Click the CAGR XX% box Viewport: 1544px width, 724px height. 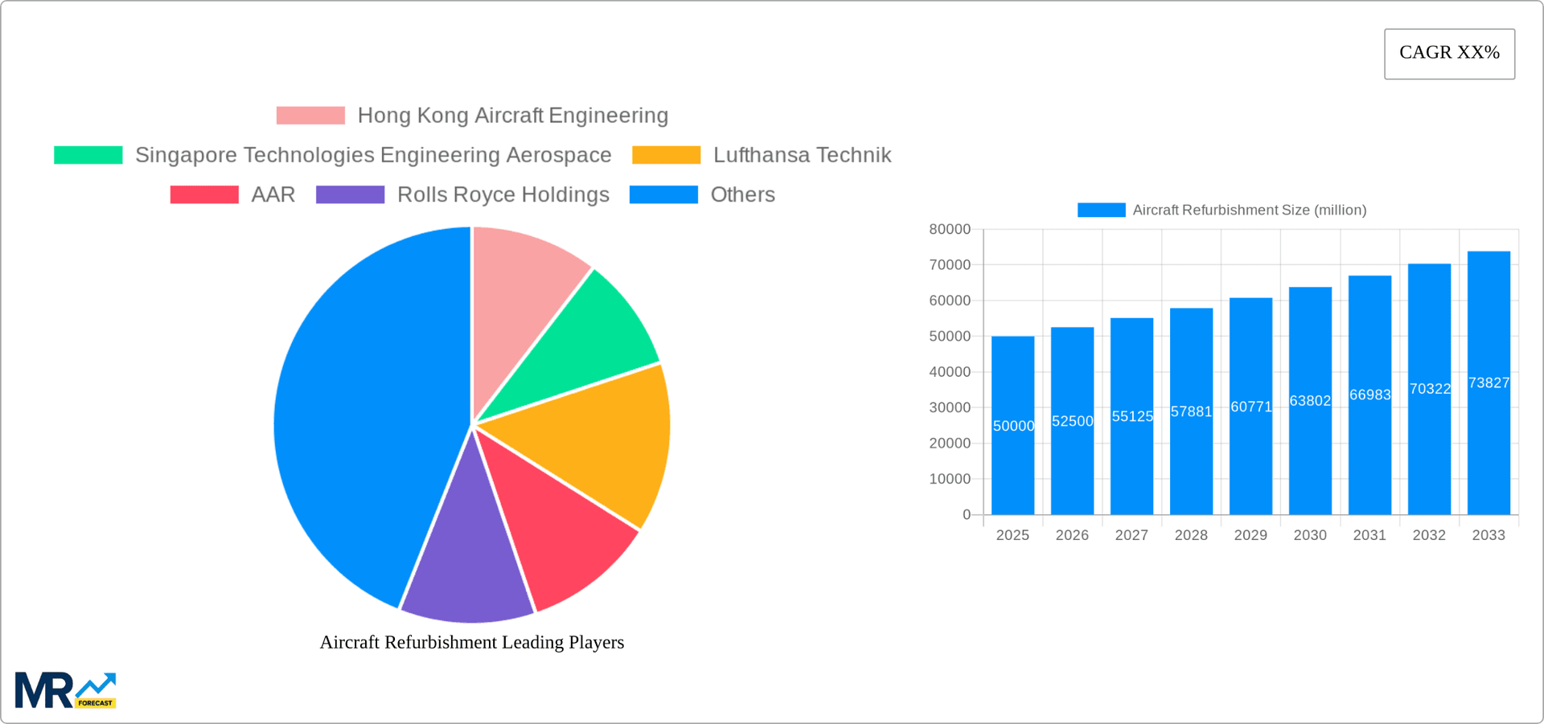coord(1449,53)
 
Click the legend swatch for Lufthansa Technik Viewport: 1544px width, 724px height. coord(666,155)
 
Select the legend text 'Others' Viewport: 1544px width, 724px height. coord(742,194)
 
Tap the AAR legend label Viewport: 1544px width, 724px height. coord(273,194)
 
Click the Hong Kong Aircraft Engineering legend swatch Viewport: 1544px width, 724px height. coord(310,116)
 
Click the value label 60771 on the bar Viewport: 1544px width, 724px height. coord(1250,407)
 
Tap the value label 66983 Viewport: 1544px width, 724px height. coord(1369,395)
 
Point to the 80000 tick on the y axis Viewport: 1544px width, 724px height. coord(950,229)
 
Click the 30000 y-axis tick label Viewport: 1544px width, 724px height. coord(950,407)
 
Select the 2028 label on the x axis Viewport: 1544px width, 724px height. coord(1191,535)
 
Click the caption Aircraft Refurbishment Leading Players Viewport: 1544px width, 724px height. coord(472,642)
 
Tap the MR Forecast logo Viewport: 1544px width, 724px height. coord(65,691)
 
